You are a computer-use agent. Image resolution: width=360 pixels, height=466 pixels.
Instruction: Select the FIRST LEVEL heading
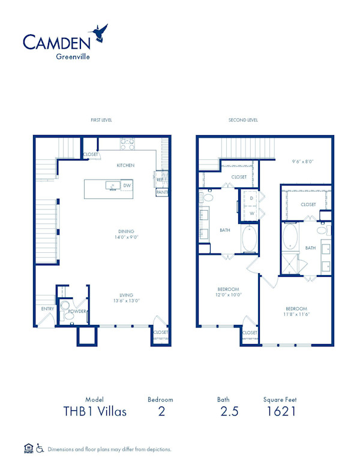101,120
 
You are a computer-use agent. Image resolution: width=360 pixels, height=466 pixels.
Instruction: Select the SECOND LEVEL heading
243,120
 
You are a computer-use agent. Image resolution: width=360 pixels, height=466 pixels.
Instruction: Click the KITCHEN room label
125,165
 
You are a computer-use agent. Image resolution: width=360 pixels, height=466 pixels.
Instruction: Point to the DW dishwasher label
127,186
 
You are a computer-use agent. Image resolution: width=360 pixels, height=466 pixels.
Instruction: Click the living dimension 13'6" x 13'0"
126,301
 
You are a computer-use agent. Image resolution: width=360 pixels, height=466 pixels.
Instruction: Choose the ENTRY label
48,309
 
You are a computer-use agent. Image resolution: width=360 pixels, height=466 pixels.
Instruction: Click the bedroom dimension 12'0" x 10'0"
228,295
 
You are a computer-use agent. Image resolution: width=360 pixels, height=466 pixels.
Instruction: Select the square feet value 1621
280,411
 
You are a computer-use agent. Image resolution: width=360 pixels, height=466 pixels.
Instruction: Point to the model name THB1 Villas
95,411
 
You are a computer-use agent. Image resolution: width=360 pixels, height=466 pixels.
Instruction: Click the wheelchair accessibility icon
40,448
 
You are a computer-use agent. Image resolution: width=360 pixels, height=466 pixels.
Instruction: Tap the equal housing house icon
28,448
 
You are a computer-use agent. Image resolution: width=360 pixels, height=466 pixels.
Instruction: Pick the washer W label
252,213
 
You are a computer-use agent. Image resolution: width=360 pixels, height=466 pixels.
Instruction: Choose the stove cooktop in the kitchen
127,144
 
